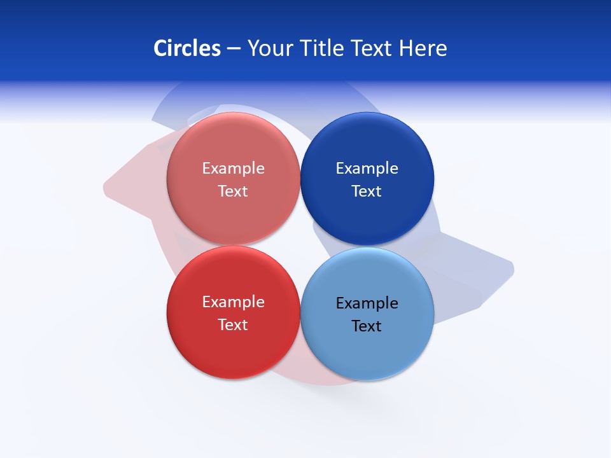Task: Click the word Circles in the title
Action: click(x=186, y=48)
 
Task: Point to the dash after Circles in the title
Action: click(x=234, y=49)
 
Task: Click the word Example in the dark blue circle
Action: click(x=367, y=169)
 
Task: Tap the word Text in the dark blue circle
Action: click(x=367, y=191)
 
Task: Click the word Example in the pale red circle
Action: click(x=233, y=169)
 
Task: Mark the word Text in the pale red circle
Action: click(x=233, y=191)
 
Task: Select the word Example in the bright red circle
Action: click(x=233, y=302)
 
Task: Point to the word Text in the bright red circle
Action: click(x=233, y=325)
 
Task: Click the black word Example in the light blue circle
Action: click(x=367, y=303)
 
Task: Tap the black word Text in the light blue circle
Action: click(x=367, y=326)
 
